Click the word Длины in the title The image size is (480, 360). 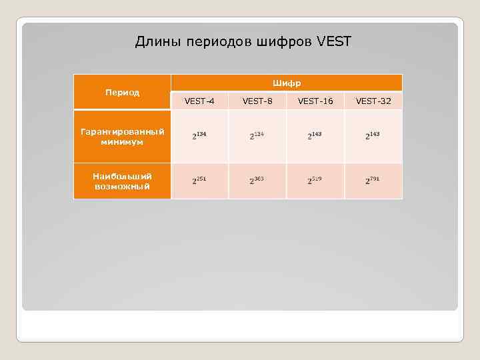pyautogui.click(x=156, y=42)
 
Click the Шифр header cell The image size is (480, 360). pyautogui.click(x=287, y=83)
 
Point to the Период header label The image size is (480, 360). pyautogui.click(x=122, y=92)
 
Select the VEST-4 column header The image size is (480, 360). pyautogui.click(x=199, y=101)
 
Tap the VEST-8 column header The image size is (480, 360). pyautogui.click(x=257, y=101)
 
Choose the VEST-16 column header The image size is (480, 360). pyautogui.click(x=315, y=101)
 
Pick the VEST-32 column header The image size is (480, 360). pyautogui.click(x=373, y=101)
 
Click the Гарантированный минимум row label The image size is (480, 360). pyautogui.click(x=122, y=137)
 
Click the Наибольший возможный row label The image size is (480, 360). pyautogui.click(x=122, y=181)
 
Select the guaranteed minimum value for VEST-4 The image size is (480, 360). pyautogui.click(x=199, y=136)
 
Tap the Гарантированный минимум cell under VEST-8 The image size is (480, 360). pyautogui.click(x=257, y=136)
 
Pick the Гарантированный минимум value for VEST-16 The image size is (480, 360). pyautogui.click(x=315, y=136)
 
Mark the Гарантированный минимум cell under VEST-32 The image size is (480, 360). pyautogui.click(x=373, y=136)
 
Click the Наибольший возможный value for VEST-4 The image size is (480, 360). pyautogui.click(x=199, y=181)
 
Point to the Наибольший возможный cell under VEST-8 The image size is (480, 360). pyautogui.click(x=257, y=181)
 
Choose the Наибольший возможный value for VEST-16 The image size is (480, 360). pyautogui.click(x=315, y=181)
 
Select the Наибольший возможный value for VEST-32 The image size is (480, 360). pyautogui.click(x=373, y=181)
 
